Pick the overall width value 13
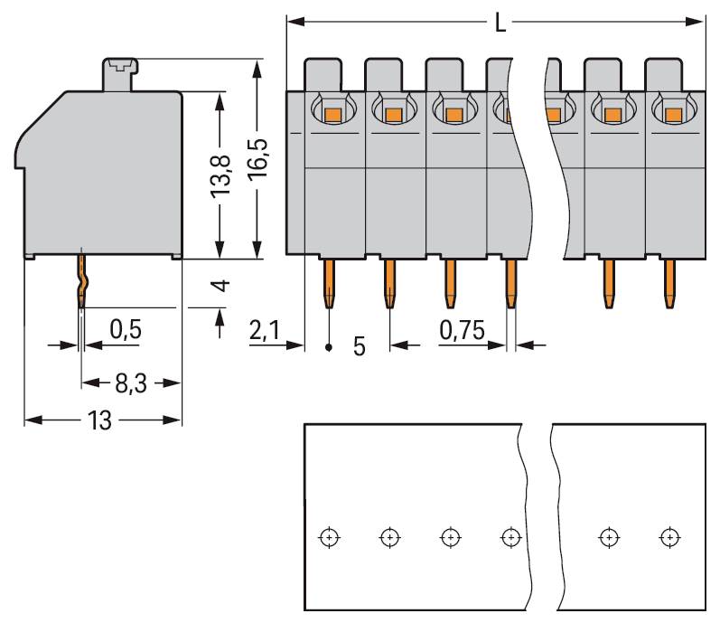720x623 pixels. pyautogui.click(x=101, y=421)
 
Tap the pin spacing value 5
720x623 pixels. pyautogui.click(x=359, y=346)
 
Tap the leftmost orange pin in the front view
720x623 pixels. pyautogui.click(x=329, y=282)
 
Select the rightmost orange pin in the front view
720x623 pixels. pyautogui.click(x=669, y=282)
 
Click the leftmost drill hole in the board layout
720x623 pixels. pyautogui.click(x=329, y=537)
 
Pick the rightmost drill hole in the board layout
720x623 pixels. pyautogui.click(x=669, y=537)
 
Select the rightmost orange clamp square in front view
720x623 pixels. pyautogui.click(x=671, y=115)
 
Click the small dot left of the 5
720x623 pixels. pyautogui.click(x=329, y=347)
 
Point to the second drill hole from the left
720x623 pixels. pyautogui.click(x=388, y=537)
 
